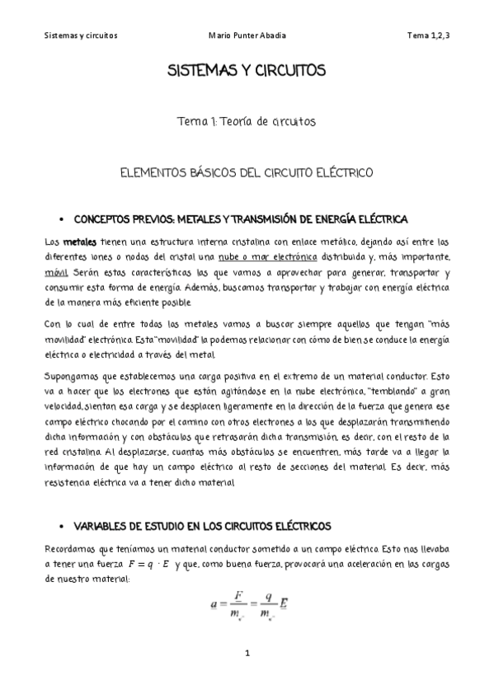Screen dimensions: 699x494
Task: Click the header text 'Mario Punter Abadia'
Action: [x=248, y=36]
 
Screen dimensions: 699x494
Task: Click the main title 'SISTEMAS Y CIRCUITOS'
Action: [x=247, y=71]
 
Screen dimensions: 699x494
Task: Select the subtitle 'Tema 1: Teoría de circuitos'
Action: [x=247, y=121]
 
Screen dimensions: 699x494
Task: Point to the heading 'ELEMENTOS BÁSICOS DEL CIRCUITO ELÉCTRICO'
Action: [x=247, y=173]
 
